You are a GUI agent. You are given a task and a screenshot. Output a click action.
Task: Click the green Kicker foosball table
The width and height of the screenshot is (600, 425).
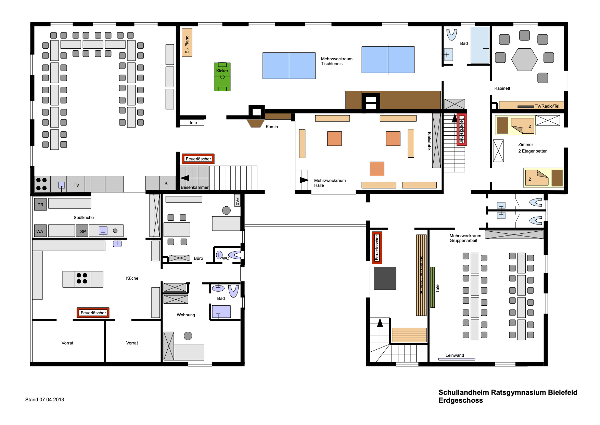[222, 77]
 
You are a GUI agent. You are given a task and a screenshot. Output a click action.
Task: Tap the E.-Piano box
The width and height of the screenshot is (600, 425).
[187, 42]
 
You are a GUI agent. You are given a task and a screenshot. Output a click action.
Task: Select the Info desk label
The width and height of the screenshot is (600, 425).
[193, 123]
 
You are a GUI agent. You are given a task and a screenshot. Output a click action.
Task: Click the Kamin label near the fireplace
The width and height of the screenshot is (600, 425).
[272, 127]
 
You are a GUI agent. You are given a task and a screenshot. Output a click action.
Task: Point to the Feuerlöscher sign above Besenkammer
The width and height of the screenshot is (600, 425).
[198, 159]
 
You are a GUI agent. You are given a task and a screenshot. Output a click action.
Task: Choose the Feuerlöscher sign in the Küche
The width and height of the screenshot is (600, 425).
[93, 313]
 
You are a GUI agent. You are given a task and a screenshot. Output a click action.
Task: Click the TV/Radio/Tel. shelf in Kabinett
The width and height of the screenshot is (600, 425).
[531, 105]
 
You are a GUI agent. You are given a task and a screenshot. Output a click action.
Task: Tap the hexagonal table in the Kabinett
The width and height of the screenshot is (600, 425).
[524, 60]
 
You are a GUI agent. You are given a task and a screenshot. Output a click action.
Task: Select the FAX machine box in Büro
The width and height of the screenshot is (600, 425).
[237, 201]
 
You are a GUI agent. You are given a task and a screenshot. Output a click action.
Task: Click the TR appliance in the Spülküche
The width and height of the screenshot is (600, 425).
[40, 205]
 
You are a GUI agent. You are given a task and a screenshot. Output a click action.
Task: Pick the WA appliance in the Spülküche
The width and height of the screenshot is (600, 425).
[40, 231]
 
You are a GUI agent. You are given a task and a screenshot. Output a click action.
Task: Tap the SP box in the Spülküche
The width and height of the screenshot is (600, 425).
[82, 231]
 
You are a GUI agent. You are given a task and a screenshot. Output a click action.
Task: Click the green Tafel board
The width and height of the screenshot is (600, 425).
[433, 287]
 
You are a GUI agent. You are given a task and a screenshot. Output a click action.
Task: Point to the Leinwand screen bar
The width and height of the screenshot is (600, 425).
[457, 359]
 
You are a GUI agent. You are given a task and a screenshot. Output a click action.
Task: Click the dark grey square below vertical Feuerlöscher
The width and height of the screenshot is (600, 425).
[385, 278]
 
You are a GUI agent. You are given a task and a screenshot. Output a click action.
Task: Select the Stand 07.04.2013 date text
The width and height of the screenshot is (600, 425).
[44, 400]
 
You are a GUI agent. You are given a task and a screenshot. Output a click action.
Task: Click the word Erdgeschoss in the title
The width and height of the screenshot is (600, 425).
[461, 400]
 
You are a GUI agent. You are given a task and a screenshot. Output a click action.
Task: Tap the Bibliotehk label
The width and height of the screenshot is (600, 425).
[429, 141]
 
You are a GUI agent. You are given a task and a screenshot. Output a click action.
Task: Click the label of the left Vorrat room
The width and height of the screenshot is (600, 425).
[67, 343]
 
